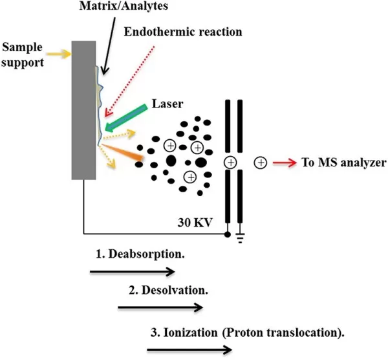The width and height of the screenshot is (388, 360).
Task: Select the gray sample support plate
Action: tap(85, 109)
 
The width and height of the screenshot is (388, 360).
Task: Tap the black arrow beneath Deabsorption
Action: tap(132, 271)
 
